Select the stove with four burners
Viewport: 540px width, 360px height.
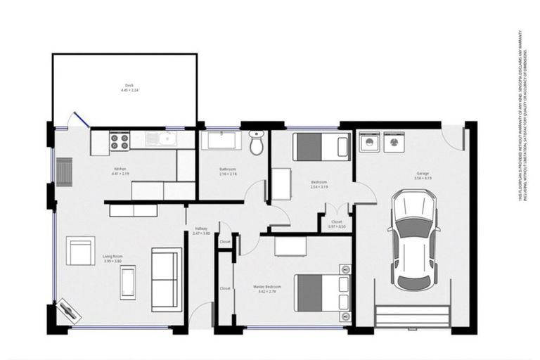pyautogui.click(x=120, y=141)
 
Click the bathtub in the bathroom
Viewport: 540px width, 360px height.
pyautogui.click(x=221, y=141)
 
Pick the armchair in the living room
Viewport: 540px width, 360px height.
pyautogui.click(x=80, y=251)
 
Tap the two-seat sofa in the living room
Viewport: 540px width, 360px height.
pyautogui.click(x=167, y=279)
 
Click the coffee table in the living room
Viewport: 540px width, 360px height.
pyautogui.click(x=128, y=283)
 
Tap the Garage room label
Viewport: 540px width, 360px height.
pyautogui.click(x=422, y=173)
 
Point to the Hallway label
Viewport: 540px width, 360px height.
pyautogui.click(x=201, y=228)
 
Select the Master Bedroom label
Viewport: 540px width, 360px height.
pyautogui.click(x=267, y=287)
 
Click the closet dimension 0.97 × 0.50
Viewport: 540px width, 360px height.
pyautogui.click(x=337, y=227)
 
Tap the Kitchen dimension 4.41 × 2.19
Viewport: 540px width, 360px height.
pyautogui.click(x=120, y=174)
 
